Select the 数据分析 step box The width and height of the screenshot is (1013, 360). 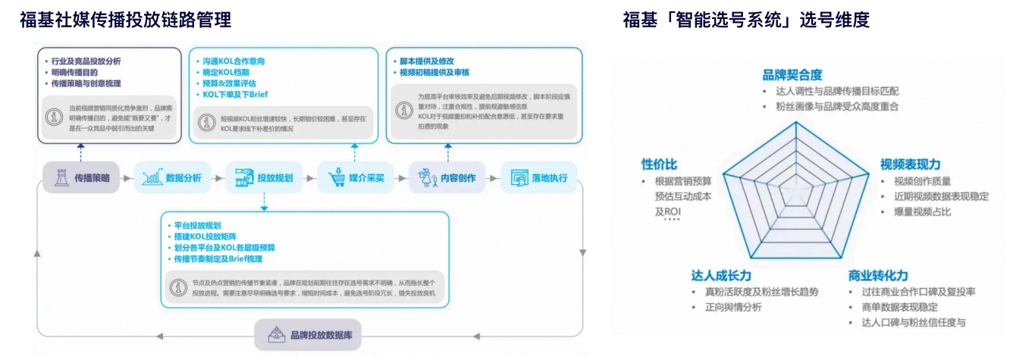tap(172, 177)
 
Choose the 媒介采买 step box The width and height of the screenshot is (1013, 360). tap(355, 178)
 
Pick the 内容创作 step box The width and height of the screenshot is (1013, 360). tap(447, 177)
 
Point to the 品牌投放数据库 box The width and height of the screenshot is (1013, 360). tap(306, 334)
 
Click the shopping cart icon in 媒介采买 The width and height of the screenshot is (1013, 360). tap(337, 178)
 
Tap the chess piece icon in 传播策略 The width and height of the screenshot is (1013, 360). tap(61, 177)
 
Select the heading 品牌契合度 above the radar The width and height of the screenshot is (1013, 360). tap(792, 74)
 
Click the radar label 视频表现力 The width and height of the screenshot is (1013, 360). tap(910, 164)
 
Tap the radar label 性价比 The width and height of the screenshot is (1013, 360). tap(659, 164)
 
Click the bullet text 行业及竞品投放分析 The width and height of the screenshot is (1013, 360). tap(86, 61)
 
